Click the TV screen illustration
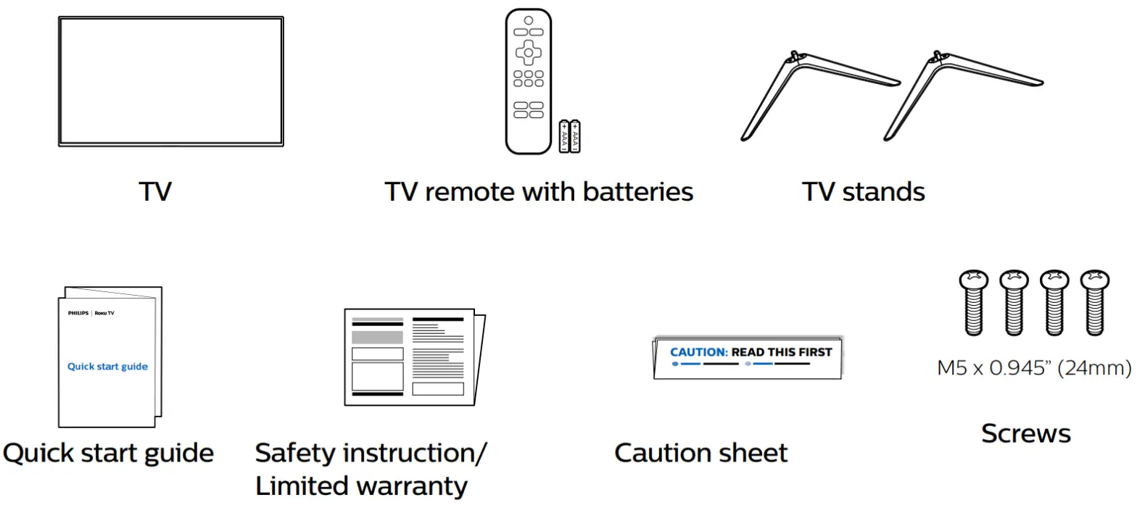click(170, 81)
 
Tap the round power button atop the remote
click(529, 20)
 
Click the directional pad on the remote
click(529, 51)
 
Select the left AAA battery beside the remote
click(564, 137)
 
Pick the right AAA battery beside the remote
click(576, 137)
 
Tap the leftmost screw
click(974, 302)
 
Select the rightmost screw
click(1094, 302)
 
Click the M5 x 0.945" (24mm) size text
click(1034, 369)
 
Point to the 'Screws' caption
click(1025, 433)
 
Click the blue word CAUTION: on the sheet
click(698, 352)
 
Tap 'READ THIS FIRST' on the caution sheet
click(782, 352)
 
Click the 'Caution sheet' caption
click(700, 453)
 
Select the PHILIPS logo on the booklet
click(78, 315)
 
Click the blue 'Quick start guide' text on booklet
click(107, 367)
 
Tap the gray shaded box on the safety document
click(377, 337)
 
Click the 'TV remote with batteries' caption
click(539, 192)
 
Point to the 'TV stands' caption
click(863, 192)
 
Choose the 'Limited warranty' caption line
click(361, 485)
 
